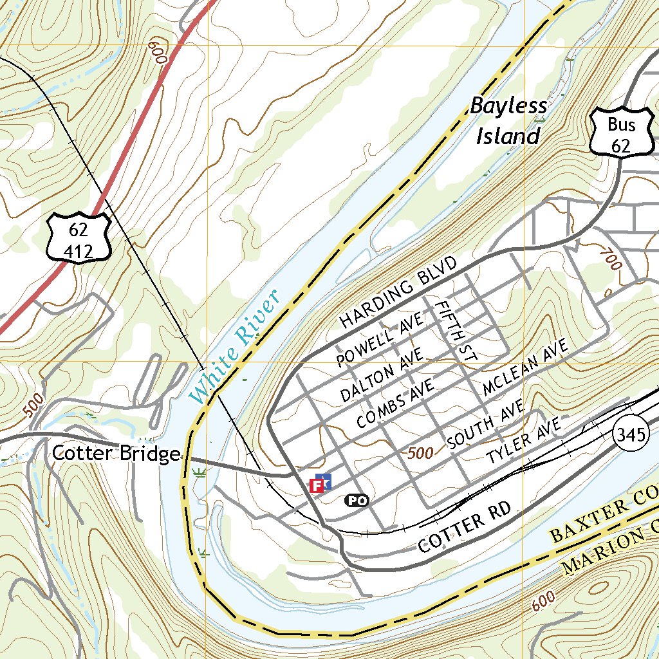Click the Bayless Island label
[508, 122]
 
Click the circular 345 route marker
[629, 436]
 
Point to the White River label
[236, 348]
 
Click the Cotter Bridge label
[116, 454]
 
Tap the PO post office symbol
[357, 500]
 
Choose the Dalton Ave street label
[382, 376]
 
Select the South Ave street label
[486, 428]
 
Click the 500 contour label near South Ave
[420, 453]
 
